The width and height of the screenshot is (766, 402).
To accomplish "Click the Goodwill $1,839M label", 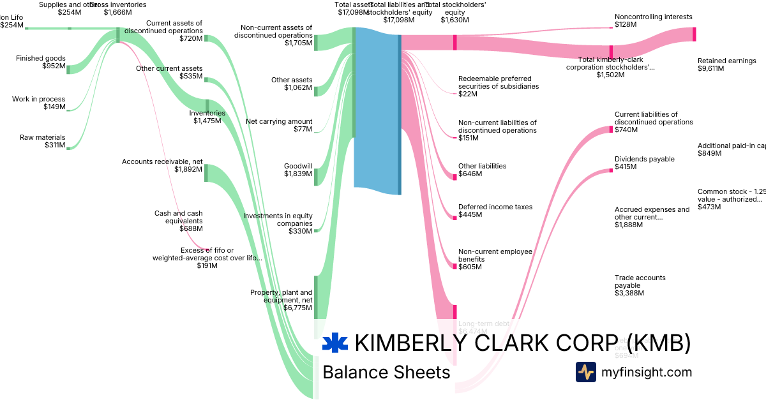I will tap(298, 170).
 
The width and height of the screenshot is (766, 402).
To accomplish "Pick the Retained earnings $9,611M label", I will tap(726, 65).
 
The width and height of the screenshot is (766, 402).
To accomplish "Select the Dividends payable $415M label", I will tap(644, 163).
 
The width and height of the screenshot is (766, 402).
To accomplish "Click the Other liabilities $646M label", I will tap(482, 170).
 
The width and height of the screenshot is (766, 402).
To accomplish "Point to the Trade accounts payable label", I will tap(640, 285).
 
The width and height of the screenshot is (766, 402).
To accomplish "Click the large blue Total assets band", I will tap(377, 108).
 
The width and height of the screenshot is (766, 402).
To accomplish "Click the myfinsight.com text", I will tap(647, 372).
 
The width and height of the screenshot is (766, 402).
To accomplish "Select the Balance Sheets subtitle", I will tap(386, 372).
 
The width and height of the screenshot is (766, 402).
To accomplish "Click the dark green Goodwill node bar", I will tap(315, 177).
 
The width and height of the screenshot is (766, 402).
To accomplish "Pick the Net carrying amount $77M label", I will tap(279, 125).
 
